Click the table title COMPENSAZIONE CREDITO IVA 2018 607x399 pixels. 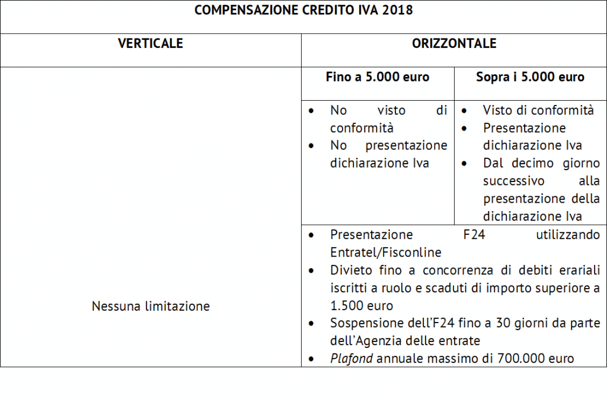[x=303, y=10]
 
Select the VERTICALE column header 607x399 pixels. [x=151, y=43]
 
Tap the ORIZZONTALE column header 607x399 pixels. [x=454, y=43]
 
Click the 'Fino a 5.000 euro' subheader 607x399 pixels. [x=378, y=77]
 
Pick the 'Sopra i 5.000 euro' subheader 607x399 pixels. [x=530, y=77]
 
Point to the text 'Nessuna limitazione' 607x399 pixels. [x=151, y=307]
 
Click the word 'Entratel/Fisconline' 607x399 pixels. [x=385, y=253]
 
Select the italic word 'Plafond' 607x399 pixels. [x=350, y=358]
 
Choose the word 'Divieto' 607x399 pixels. [x=350, y=270]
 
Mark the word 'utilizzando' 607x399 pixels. [x=568, y=235]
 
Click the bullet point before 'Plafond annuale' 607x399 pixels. [x=312, y=359]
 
